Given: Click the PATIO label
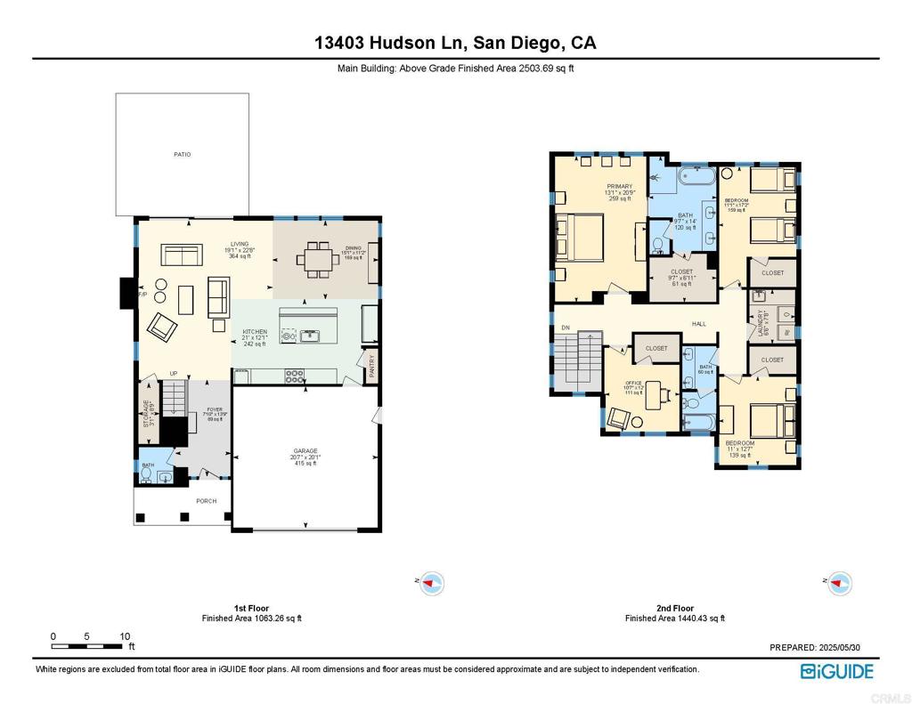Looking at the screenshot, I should pyautogui.click(x=182, y=155).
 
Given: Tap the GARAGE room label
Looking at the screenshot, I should pyautogui.click(x=305, y=451).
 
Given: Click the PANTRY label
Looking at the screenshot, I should pyautogui.click(x=372, y=365).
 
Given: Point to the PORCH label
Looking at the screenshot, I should pyautogui.click(x=206, y=501).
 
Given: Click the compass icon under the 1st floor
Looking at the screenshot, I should pyautogui.click(x=432, y=583).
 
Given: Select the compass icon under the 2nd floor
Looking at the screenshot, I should pyautogui.click(x=840, y=583).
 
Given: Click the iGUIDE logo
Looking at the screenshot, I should pyautogui.click(x=836, y=672).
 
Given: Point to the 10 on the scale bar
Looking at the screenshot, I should pyautogui.click(x=125, y=636).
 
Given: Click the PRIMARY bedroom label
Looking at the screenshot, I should pyautogui.click(x=619, y=187).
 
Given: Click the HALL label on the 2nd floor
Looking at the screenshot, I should pyautogui.click(x=698, y=324).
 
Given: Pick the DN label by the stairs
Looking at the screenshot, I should pyautogui.click(x=565, y=328).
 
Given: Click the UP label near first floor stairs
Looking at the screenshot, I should pyautogui.click(x=175, y=374).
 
